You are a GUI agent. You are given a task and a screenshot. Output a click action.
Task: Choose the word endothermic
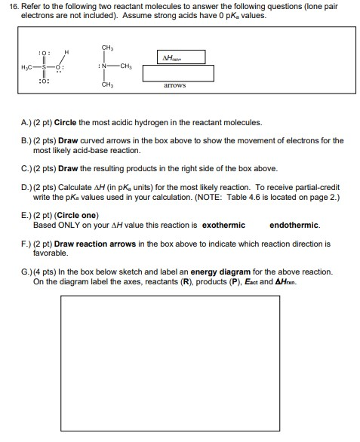pos(294,225)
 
